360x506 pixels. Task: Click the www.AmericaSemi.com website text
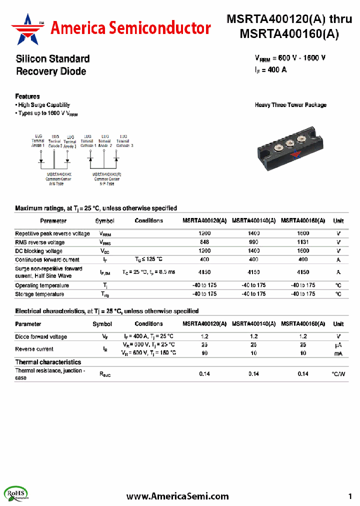177,496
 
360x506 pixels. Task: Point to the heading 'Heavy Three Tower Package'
290,105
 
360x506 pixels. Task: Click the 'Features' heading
27,96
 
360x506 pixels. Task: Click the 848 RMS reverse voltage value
204,242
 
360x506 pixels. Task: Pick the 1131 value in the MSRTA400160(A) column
303,242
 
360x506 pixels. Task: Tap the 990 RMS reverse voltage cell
253,242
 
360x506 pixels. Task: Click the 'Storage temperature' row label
39,294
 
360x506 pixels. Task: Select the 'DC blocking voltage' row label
39,251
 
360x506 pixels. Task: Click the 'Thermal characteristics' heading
48,362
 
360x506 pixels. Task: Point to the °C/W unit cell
338,374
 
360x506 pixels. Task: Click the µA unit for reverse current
338,345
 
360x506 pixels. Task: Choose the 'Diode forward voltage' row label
41,336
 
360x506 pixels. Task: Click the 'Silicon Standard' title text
52,58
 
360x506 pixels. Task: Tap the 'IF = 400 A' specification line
270,70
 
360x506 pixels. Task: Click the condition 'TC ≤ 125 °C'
148,259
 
